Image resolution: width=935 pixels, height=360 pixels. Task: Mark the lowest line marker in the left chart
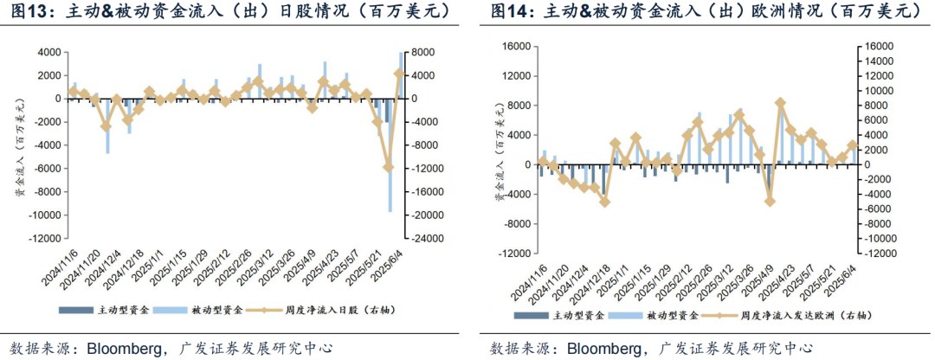[x=389, y=167]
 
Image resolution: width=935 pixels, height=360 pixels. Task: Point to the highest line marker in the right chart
[x=780, y=103]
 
